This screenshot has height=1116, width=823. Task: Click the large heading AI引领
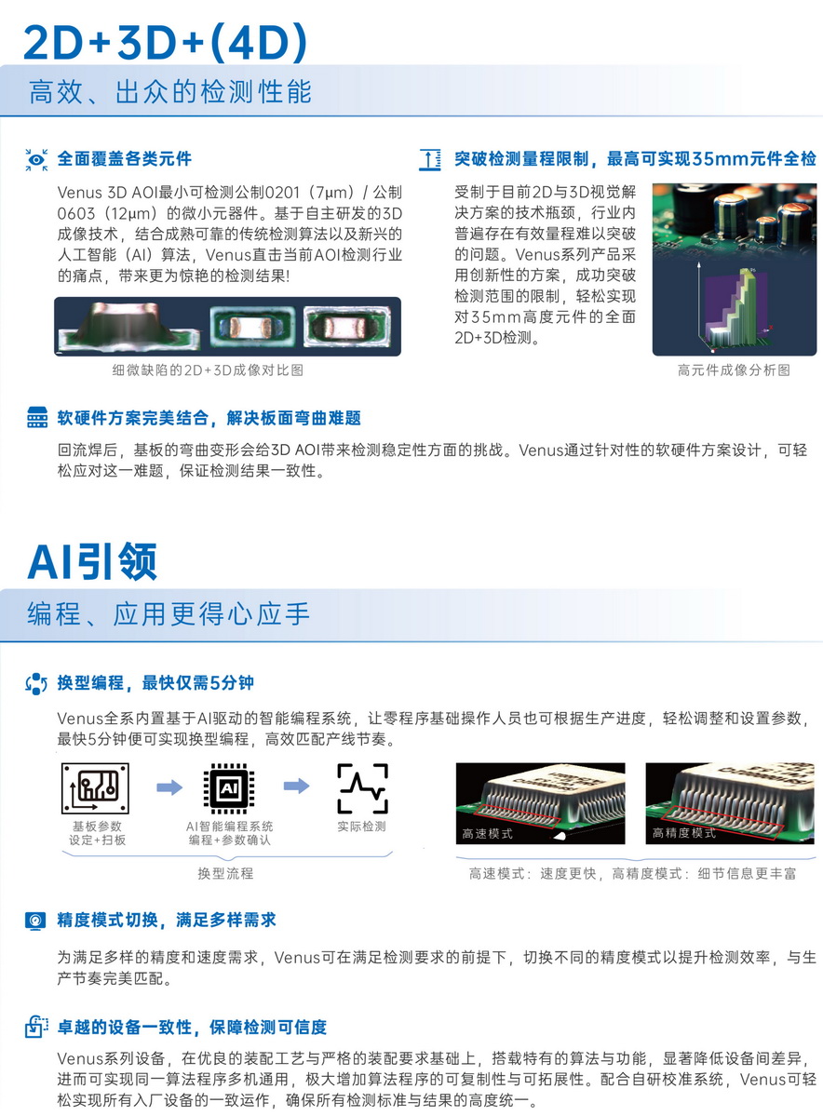coord(92,561)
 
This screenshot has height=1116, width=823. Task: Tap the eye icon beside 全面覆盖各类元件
coord(36,159)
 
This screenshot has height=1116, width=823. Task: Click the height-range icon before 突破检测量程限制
coord(430,159)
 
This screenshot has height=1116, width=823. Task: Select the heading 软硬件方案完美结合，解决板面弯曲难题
coord(209,418)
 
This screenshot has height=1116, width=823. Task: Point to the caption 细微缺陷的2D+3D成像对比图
coord(208,370)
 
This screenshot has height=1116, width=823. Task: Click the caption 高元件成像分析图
coord(734,370)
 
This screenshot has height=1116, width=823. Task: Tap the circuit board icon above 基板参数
coord(95,787)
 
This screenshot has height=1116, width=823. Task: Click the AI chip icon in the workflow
coord(229,787)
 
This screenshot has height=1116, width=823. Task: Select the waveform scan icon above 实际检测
coord(362,787)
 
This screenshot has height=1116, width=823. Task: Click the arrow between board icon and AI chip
coord(169,787)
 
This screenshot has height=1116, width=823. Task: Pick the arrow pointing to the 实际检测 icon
coord(296,786)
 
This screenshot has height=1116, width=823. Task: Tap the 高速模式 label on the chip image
coord(487,833)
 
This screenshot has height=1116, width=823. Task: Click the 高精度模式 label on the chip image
coord(684,833)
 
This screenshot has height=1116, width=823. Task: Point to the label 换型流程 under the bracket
coord(225,873)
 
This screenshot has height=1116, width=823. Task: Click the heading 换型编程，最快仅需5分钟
coord(155,682)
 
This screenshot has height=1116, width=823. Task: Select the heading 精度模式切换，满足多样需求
coord(167,920)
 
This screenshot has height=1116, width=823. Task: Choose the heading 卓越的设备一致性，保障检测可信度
coord(192,1027)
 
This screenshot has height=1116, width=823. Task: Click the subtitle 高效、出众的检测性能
coord(170,92)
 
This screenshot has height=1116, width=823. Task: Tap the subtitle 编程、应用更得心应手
coord(169,613)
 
